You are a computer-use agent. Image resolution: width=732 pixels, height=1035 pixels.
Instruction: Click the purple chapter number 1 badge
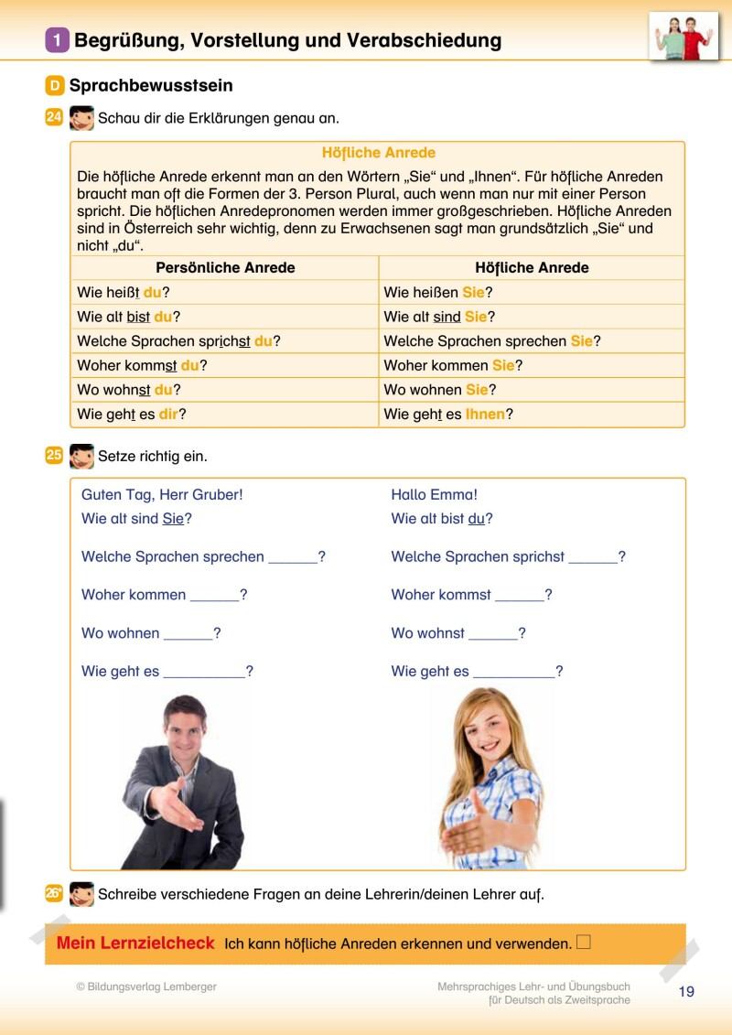[x=58, y=40]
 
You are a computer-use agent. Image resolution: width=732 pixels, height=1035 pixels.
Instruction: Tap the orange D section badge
[x=55, y=86]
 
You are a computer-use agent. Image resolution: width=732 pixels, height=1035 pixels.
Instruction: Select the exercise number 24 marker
[x=54, y=117]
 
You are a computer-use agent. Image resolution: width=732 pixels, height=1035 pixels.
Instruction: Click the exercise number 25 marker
[x=54, y=455]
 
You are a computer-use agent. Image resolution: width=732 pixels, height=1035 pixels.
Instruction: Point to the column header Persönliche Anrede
[x=225, y=268]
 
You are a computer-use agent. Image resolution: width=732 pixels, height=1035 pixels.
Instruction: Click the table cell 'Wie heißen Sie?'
[x=438, y=293]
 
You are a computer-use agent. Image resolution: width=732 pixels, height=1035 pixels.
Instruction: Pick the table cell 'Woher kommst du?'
[x=142, y=365]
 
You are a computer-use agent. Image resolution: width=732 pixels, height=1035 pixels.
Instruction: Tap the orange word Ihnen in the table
[x=485, y=414]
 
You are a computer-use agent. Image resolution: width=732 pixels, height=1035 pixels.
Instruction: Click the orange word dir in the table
[x=168, y=414]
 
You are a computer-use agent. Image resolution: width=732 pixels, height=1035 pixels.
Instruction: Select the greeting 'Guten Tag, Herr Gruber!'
[x=162, y=495]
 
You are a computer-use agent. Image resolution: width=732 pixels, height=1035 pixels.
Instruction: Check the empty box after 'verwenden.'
[x=584, y=942]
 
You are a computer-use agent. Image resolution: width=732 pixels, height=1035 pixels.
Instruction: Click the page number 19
[x=686, y=992]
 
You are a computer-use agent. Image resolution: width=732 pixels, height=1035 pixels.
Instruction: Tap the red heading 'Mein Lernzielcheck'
[x=135, y=943]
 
